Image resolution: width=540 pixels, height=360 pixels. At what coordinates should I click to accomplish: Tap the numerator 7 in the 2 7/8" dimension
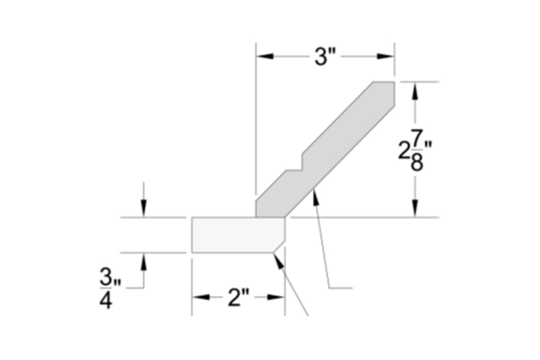coord(418,138)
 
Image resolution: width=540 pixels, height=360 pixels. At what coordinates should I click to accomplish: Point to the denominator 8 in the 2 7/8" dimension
coord(418,163)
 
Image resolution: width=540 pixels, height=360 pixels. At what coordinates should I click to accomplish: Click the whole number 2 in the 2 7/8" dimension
coord(404,151)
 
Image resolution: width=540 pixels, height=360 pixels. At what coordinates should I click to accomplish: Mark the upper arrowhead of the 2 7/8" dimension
coord(413,90)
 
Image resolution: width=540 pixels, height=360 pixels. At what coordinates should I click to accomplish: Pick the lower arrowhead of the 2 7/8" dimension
coord(413,208)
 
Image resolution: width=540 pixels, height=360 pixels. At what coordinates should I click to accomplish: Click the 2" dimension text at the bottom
coord(238,297)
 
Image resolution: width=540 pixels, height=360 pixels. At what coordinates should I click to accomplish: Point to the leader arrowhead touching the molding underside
coord(314,196)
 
